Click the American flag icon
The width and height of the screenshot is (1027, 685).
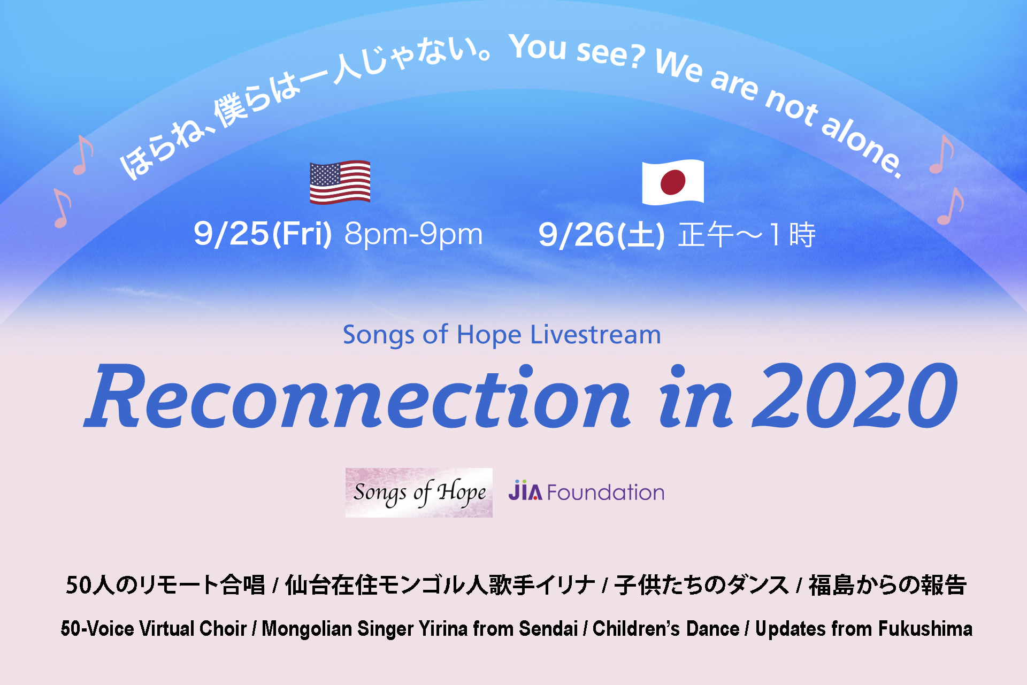point(340,182)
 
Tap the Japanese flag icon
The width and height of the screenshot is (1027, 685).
point(673,182)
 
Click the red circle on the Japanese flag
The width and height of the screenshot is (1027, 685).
point(673,182)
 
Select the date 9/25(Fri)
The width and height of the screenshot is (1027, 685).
point(263,234)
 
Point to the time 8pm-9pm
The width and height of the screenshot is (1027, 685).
point(413,234)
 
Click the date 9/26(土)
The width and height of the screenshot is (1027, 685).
point(602,235)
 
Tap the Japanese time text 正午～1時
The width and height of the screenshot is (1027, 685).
point(747,235)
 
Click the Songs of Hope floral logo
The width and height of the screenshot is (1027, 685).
point(419,492)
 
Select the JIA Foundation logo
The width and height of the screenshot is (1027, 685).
point(586,491)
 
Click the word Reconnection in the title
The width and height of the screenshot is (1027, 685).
point(358,397)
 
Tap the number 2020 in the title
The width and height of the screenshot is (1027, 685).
point(854,396)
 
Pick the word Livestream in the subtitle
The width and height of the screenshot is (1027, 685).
point(595,335)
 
